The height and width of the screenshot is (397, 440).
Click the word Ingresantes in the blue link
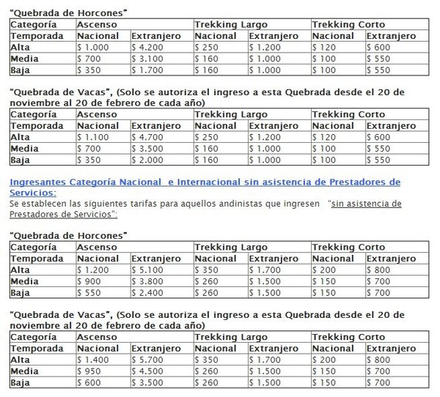pyautogui.click(x=37, y=182)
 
